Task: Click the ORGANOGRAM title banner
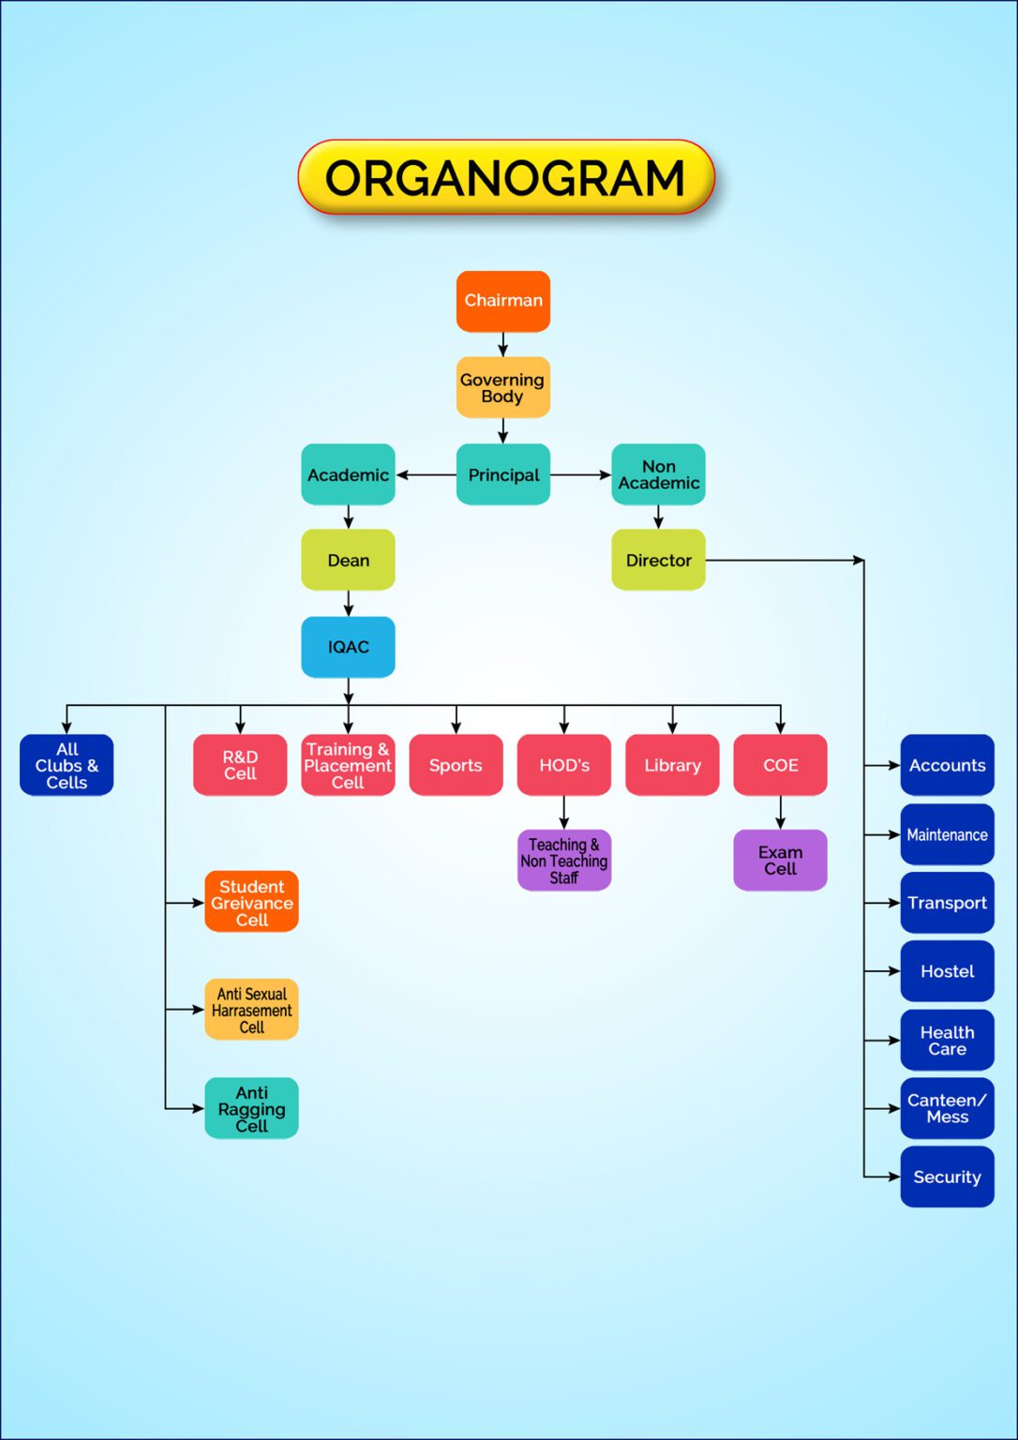click(x=506, y=177)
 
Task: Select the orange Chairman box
click(x=503, y=301)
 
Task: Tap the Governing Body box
click(x=503, y=387)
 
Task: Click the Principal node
click(x=503, y=474)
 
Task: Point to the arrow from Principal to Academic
click(x=427, y=475)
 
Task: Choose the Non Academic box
click(x=658, y=474)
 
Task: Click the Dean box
click(x=348, y=560)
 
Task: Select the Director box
click(x=658, y=560)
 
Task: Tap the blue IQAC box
click(x=348, y=647)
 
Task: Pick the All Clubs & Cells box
click(x=67, y=765)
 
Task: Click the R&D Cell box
click(x=240, y=765)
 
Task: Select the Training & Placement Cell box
click(x=348, y=765)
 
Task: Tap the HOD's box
click(x=564, y=765)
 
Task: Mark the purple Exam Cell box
click(x=780, y=860)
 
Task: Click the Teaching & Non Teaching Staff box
click(x=564, y=860)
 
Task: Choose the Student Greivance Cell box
click(x=251, y=902)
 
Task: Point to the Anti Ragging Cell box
click(x=251, y=1108)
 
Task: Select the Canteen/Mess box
click(x=947, y=1108)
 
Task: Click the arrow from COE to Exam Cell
click(x=780, y=813)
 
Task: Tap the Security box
click(x=947, y=1177)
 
